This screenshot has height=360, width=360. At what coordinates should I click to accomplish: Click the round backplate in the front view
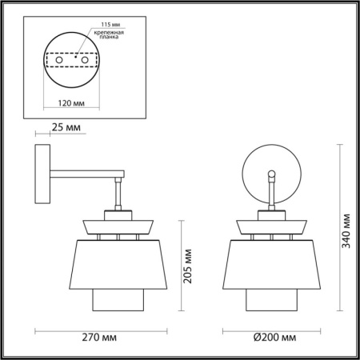click(x=273, y=170)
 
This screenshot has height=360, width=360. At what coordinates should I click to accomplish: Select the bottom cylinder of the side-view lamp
click(x=118, y=301)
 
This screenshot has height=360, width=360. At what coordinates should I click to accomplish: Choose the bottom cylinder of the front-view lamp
click(x=273, y=301)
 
